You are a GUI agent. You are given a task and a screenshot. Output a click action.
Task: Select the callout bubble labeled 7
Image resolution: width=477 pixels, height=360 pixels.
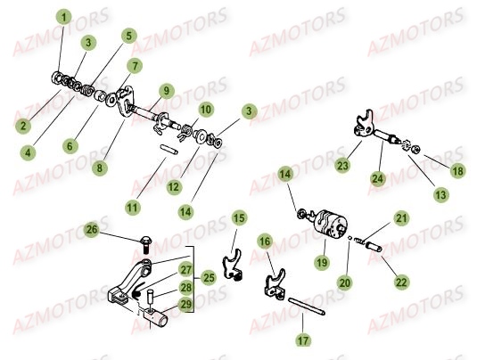(x=134, y=66)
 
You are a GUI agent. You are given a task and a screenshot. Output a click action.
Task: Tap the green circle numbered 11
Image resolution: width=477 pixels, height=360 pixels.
(x=133, y=207)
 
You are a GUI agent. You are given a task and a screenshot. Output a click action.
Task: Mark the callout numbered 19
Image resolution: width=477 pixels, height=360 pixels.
(x=320, y=264)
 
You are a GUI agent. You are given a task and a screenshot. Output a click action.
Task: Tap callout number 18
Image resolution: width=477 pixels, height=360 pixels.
(x=456, y=170)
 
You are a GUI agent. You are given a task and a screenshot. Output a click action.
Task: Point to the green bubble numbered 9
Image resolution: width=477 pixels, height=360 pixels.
(x=165, y=90)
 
